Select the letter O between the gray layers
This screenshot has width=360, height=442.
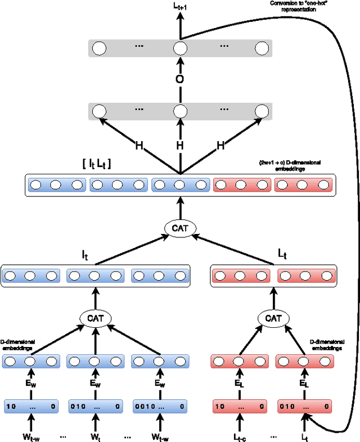click(x=179, y=79)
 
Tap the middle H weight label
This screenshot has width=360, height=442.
click(x=179, y=146)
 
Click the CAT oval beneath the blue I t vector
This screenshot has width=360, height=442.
click(x=95, y=318)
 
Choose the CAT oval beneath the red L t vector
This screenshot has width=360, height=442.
click(x=273, y=318)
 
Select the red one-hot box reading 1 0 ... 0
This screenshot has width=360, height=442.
click(x=240, y=405)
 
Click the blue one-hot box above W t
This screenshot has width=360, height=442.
click(x=95, y=405)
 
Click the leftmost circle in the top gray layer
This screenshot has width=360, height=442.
click(x=99, y=48)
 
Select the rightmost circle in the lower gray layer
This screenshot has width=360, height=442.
click(x=261, y=111)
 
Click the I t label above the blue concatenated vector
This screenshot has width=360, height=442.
click(x=94, y=253)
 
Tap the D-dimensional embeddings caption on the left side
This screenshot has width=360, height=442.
click(x=18, y=344)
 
